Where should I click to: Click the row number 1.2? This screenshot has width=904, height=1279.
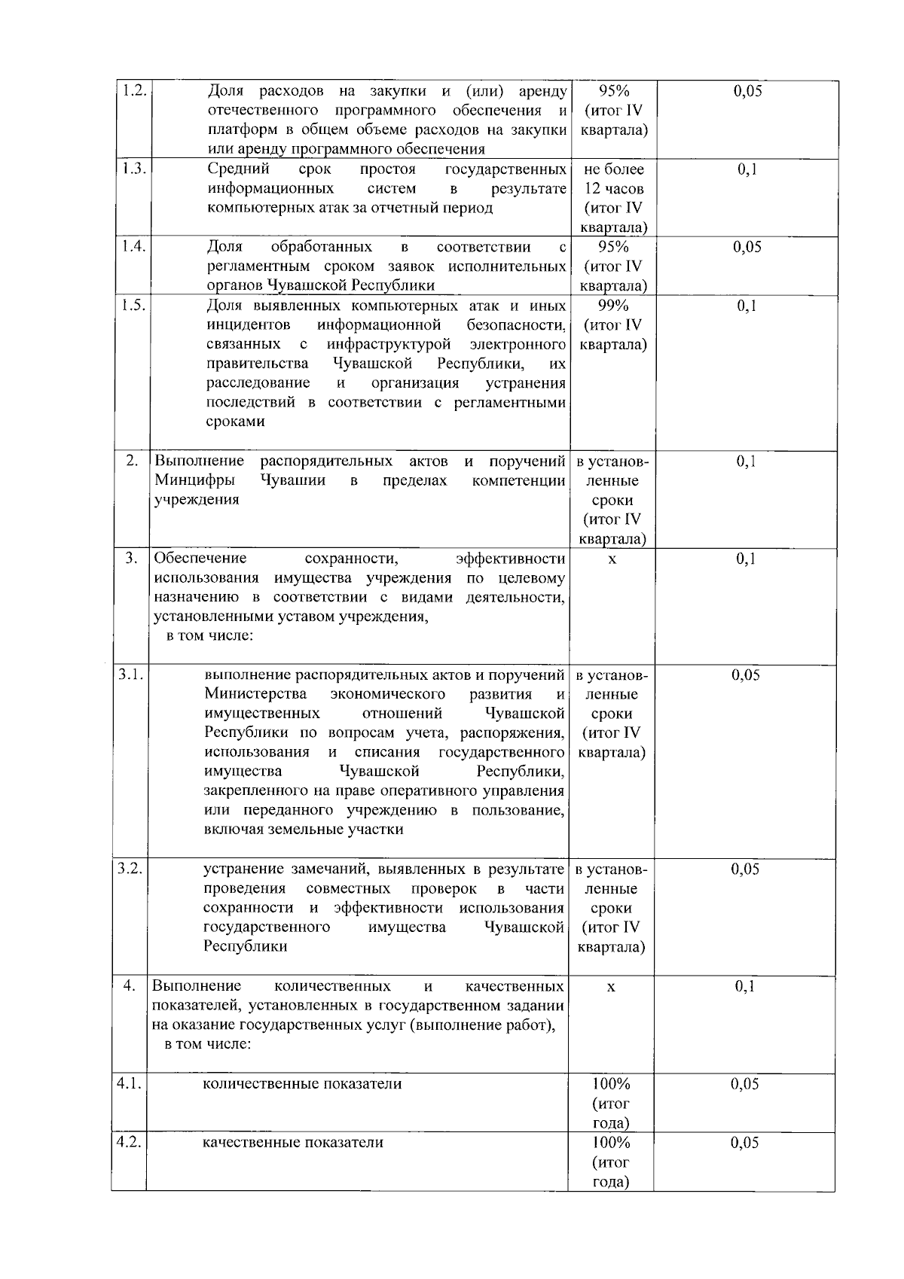click(133, 91)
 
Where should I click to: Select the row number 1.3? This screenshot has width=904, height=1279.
click(133, 169)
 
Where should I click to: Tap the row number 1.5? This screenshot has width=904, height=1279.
click(133, 305)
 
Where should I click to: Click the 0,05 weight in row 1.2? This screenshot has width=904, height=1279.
click(747, 91)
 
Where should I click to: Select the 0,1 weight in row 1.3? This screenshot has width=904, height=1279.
click(747, 169)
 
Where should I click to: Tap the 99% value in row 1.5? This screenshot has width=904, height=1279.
click(613, 305)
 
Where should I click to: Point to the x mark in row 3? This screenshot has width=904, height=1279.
click(612, 559)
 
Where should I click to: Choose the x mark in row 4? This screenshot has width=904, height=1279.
click(611, 987)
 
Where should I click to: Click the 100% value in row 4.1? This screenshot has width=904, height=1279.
click(611, 1084)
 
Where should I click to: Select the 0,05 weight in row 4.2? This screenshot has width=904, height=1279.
click(745, 1143)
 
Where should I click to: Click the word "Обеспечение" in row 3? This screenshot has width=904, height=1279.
click(200, 559)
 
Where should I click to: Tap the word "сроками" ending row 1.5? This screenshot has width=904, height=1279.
click(235, 422)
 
